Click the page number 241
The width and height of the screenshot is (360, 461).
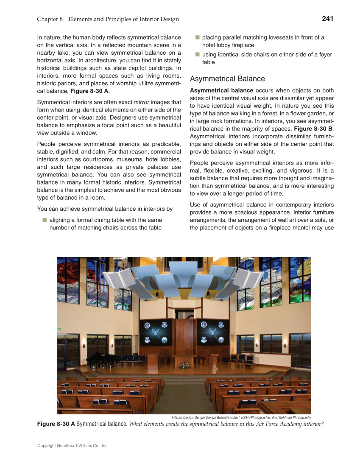point(327,19)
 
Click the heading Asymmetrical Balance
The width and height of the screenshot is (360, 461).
point(227,79)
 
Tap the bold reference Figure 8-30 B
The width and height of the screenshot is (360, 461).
point(314,129)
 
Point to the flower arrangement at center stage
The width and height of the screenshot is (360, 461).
point(184,364)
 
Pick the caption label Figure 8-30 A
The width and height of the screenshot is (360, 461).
point(56,424)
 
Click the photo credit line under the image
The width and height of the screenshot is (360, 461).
point(241,417)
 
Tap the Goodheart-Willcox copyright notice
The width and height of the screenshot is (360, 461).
point(73,446)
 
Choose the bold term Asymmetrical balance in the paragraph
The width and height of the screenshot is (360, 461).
point(221,90)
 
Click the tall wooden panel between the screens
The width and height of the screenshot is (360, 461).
point(184,335)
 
